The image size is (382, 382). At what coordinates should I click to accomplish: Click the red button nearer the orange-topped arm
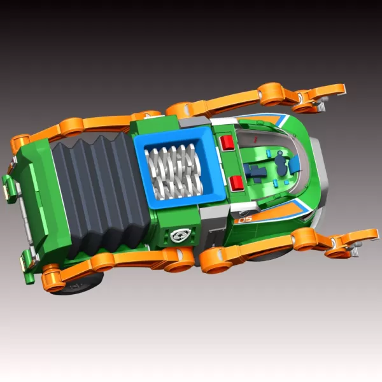coord(227,142)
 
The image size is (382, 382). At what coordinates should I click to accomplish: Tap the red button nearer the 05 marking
coord(236,183)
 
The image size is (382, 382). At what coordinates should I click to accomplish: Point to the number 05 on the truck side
coord(245,220)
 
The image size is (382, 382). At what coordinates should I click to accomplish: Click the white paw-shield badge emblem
coord(180,235)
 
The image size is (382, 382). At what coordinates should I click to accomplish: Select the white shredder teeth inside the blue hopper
coord(174,171)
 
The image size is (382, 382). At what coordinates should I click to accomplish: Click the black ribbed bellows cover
coord(100,192)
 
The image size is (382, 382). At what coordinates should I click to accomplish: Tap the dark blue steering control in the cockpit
coord(281,164)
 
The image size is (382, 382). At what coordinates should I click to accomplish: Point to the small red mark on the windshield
coord(255,139)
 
